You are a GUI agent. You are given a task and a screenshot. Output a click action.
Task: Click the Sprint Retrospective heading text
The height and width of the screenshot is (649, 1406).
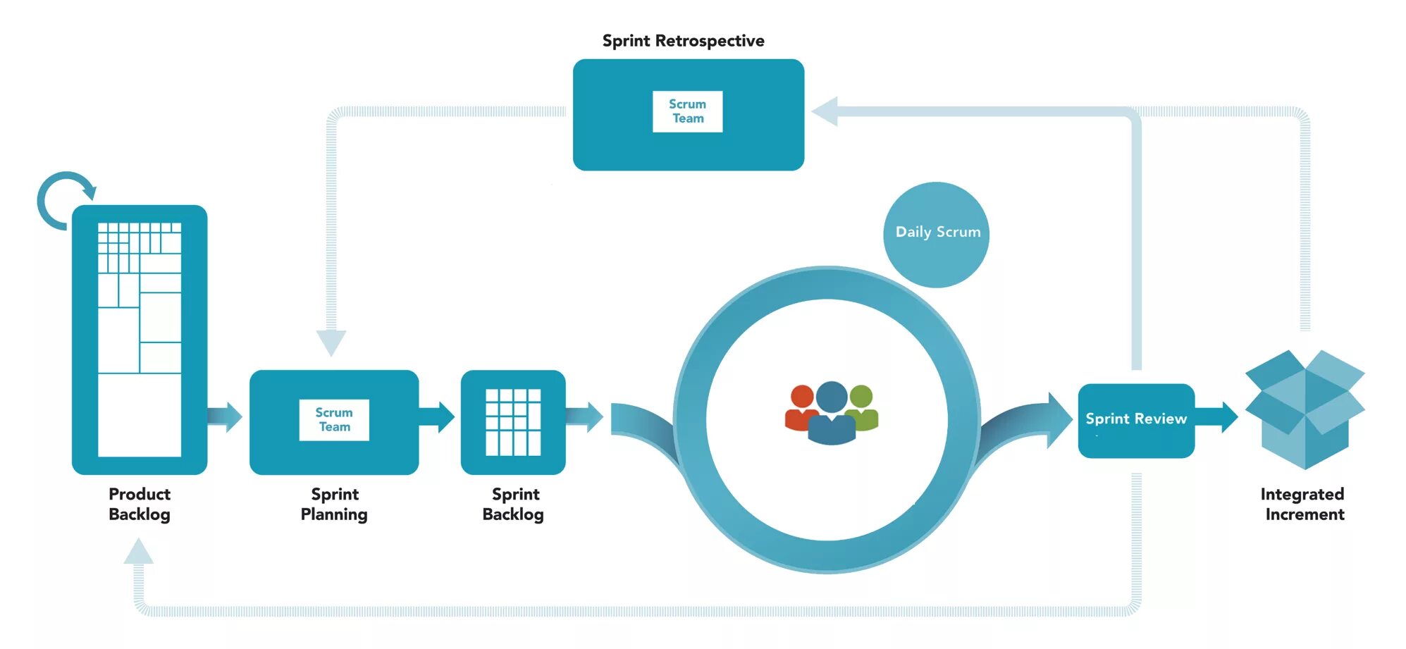click(683, 41)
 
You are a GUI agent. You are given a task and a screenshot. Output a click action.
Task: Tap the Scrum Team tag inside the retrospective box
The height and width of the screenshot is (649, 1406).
click(687, 111)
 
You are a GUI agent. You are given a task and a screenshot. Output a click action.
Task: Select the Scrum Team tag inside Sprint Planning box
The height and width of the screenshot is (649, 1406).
click(334, 420)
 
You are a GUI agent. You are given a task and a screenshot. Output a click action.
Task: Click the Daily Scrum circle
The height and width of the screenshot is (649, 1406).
click(937, 235)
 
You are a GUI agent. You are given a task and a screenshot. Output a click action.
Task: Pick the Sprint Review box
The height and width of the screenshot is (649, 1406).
click(1135, 421)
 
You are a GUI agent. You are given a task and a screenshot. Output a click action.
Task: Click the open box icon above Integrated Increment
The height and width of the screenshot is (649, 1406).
click(1305, 409)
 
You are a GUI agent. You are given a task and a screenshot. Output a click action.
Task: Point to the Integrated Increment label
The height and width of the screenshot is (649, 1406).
click(1303, 504)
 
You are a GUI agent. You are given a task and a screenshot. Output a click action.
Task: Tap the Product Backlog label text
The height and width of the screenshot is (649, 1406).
click(140, 504)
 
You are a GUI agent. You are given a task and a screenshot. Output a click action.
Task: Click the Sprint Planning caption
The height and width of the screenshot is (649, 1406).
click(334, 504)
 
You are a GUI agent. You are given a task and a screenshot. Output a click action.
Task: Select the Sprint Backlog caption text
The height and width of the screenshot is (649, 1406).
click(514, 504)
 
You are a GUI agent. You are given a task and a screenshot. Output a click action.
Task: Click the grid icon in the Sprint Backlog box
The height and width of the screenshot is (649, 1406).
click(513, 422)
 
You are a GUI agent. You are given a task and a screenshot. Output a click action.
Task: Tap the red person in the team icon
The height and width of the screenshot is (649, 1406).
click(801, 409)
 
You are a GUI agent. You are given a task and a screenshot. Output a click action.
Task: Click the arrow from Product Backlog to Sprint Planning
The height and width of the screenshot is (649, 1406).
click(226, 416)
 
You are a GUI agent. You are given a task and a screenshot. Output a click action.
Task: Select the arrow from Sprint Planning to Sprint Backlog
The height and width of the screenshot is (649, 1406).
click(438, 416)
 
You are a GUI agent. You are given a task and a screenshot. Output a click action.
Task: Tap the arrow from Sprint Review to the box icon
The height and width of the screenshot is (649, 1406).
click(1217, 416)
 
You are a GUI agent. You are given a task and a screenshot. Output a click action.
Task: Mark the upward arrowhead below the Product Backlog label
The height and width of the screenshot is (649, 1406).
click(138, 552)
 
